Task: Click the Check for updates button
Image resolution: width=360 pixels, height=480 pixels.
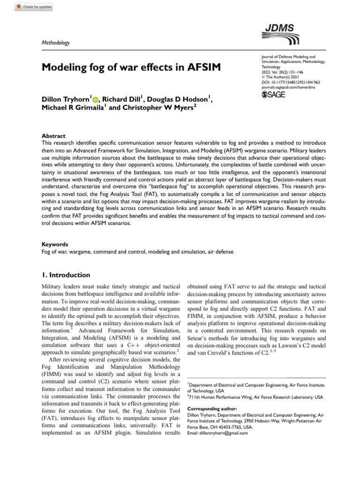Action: (33, 7)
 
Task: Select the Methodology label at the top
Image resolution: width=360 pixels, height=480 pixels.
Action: (56, 43)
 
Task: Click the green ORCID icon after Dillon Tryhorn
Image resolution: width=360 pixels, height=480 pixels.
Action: (96, 100)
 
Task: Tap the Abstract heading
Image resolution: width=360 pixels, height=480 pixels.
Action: (54, 136)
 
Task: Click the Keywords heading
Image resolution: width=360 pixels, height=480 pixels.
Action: (55, 244)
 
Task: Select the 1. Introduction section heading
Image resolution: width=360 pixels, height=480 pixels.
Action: (66, 275)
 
